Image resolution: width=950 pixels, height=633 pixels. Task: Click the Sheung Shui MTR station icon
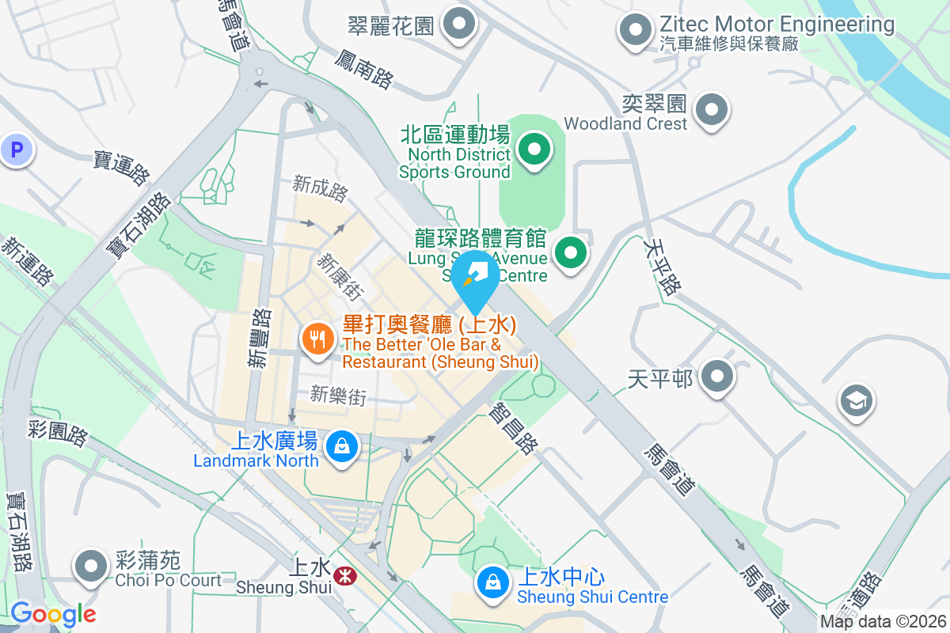click(x=344, y=575)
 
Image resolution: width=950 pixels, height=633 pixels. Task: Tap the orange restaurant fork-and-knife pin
click(x=317, y=339)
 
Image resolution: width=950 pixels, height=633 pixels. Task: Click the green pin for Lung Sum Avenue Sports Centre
click(x=571, y=254)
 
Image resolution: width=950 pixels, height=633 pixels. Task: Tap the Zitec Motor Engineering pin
click(x=634, y=31)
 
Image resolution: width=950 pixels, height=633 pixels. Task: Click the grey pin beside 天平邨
click(x=717, y=377)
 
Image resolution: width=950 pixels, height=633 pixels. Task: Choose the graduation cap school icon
click(x=857, y=400)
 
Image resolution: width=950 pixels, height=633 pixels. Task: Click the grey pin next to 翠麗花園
click(x=458, y=25)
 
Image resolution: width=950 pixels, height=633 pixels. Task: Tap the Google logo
click(x=53, y=614)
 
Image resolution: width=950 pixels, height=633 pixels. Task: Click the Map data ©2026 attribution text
click(x=882, y=622)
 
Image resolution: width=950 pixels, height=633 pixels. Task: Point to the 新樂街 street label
click(x=339, y=395)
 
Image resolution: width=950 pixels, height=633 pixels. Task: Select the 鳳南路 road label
click(x=363, y=68)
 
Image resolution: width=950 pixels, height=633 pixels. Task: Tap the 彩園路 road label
click(x=57, y=434)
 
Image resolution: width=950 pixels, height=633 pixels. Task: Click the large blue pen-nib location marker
click(x=476, y=278)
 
